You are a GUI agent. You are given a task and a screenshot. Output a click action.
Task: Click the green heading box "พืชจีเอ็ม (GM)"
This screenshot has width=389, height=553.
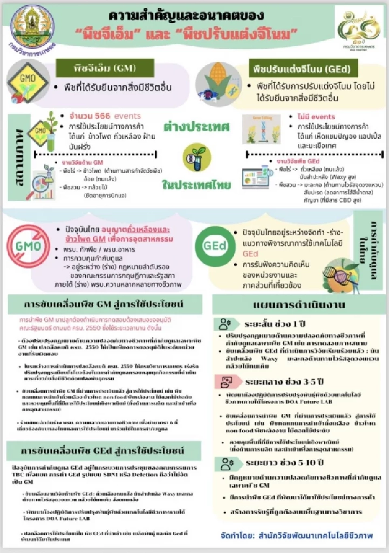[x=105, y=68]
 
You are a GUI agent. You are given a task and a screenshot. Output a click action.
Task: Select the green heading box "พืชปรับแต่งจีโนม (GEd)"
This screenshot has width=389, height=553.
[x=301, y=69]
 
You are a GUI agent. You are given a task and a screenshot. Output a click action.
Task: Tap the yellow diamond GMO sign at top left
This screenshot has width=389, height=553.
[x=27, y=80]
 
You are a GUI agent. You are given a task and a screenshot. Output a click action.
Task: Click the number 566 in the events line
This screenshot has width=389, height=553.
[x=103, y=116]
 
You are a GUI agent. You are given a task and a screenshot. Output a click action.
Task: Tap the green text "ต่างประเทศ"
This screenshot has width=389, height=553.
[x=197, y=127]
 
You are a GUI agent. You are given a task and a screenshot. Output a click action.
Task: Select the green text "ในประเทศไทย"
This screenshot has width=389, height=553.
[x=197, y=185]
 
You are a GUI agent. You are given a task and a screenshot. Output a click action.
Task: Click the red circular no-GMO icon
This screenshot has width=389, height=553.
[x=28, y=246]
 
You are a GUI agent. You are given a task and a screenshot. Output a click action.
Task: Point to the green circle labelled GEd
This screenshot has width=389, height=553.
[x=214, y=245]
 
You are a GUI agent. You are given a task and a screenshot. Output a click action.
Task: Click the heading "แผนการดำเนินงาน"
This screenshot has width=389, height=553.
[x=299, y=305]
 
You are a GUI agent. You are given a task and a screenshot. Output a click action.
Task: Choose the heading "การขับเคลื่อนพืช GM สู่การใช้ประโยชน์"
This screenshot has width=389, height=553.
[x=103, y=304]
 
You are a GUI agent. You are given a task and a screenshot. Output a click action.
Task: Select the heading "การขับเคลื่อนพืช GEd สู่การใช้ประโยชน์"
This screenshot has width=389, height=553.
[x=103, y=451]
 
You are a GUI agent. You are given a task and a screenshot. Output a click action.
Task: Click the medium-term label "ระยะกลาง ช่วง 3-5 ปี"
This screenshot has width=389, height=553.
[x=284, y=382]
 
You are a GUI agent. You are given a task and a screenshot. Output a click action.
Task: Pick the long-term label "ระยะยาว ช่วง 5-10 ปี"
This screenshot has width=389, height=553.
[x=284, y=463]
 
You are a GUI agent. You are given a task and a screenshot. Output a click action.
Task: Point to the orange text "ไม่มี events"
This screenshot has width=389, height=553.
[x=316, y=117]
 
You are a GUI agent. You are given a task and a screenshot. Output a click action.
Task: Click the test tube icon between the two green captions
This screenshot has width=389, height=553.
[x=197, y=156]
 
